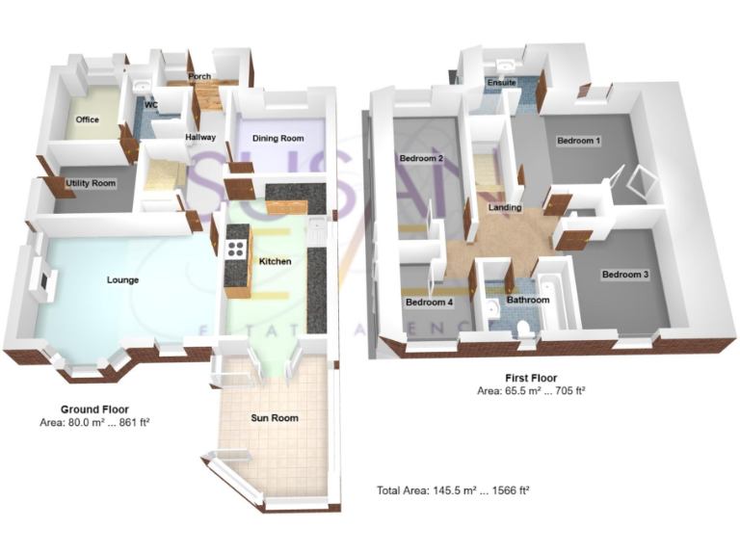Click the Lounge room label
pos(122,280)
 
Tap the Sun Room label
pos(276,418)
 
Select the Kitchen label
pos(276,261)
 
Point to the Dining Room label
pos(278,139)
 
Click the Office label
pos(88,120)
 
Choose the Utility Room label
pos(91,183)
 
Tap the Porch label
pos(200,77)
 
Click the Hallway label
pos(200,138)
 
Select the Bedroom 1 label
pos(579,141)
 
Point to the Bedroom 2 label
pos(421,158)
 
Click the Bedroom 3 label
pos(625,275)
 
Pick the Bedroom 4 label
pos(429,303)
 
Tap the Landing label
pos(505,207)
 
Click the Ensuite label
pos(502,83)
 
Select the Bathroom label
pos(528,300)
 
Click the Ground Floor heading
pos(94,409)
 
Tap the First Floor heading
pos(531,378)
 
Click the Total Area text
pos(453,490)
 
